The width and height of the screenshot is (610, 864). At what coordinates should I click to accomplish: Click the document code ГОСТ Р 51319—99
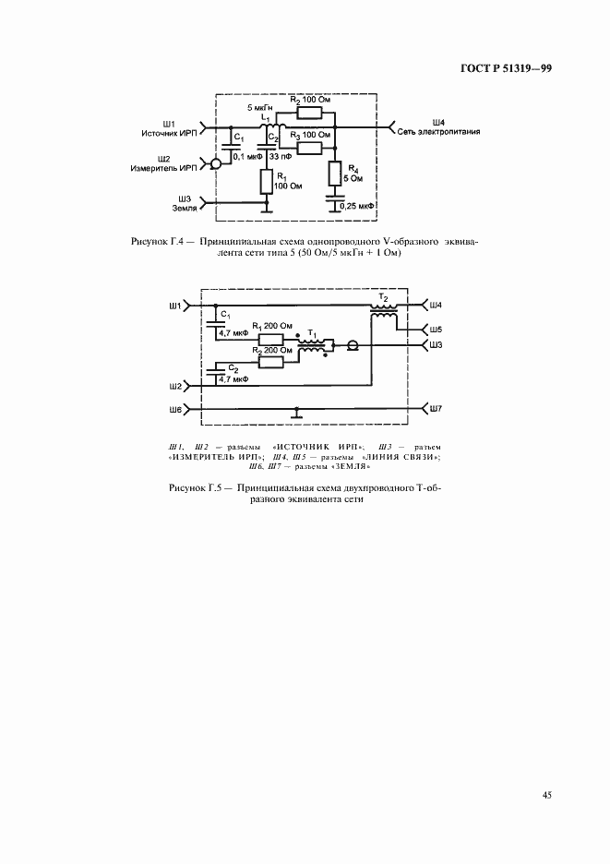(x=507, y=68)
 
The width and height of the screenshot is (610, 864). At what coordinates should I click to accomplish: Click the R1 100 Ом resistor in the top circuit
(x=265, y=182)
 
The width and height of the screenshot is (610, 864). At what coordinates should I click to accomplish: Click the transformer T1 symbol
(x=314, y=346)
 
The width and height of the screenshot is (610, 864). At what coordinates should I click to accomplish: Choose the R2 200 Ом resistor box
(x=271, y=362)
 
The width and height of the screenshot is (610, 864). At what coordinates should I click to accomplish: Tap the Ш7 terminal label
(x=436, y=407)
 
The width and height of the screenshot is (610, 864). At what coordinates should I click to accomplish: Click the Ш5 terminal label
(x=436, y=329)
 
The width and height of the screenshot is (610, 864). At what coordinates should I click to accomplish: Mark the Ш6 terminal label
(x=175, y=407)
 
